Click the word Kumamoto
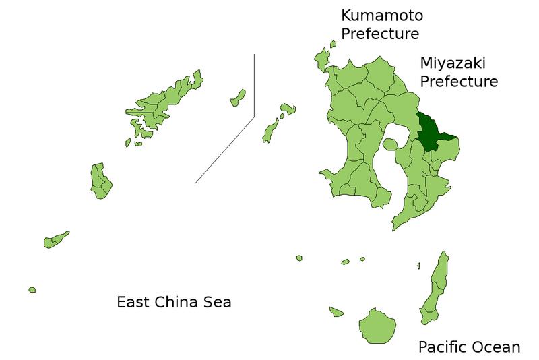(x=382, y=16)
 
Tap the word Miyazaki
(x=453, y=63)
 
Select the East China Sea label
(x=174, y=302)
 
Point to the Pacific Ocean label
(x=469, y=347)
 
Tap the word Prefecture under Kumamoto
(x=380, y=34)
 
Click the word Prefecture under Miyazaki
(x=459, y=82)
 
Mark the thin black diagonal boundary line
(x=224, y=150)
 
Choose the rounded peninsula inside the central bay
(x=389, y=144)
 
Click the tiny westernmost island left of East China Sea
(x=32, y=290)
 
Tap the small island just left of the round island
(x=336, y=311)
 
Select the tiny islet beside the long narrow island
(x=418, y=266)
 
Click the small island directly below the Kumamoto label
(x=333, y=44)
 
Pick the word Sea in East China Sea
(x=217, y=302)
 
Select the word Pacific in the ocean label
(x=443, y=347)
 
